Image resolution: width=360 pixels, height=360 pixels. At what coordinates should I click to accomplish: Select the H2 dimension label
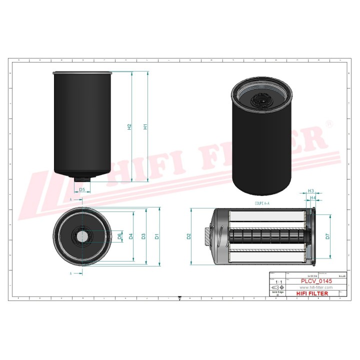(129, 127)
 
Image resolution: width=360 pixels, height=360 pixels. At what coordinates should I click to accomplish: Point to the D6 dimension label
(119, 236)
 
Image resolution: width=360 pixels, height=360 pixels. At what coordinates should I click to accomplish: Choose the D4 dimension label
(130, 236)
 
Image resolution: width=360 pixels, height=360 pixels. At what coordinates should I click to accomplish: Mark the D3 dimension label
(143, 236)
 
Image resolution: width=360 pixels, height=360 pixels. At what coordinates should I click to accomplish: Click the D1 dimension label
(157, 236)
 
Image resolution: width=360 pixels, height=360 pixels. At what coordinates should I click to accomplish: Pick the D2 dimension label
(188, 236)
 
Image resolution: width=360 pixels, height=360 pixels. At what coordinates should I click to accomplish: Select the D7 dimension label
(327, 236)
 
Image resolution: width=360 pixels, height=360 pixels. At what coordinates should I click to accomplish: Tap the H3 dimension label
(310, 191)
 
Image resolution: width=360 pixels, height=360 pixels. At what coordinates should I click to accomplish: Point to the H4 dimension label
(313, 198)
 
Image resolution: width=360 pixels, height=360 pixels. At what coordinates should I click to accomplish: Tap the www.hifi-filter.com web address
(309, 288)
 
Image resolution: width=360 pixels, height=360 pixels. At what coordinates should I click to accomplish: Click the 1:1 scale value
(279, 282)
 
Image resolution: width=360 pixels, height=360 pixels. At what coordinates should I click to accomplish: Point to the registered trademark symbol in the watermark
(328, 123)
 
